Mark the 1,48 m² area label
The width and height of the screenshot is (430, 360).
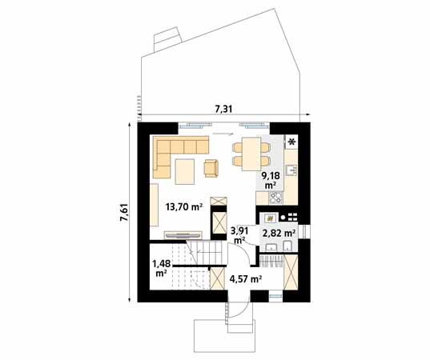(x=162, y=266)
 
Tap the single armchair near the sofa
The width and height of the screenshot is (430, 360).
(x=211, y=166)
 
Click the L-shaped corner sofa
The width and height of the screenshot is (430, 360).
(x=172, y=152)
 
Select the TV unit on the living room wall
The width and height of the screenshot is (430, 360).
(x=183, y=234)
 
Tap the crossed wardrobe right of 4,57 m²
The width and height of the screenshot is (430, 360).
(x=291, y=271)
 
